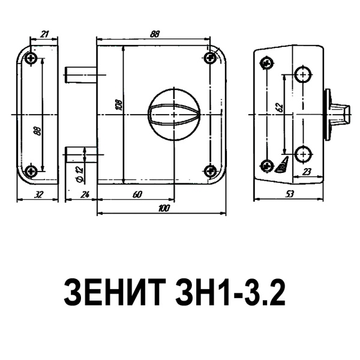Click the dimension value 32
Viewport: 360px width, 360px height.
pyautogui.click(x=38, y=193)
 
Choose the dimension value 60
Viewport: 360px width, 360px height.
pyautogui.click(x=137, y=193)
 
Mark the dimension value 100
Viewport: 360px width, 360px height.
pyautogui.click(x=162, y=208)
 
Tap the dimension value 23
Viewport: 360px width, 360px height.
pyautogui.click(x=307, y=172)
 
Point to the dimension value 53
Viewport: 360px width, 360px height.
pyautogui.click(x=290, y=193)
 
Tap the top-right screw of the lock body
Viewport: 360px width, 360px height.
pyautogui.click(x=209, y=58)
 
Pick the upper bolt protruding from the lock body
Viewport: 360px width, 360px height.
pyautogui.click(x=80, y=75)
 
